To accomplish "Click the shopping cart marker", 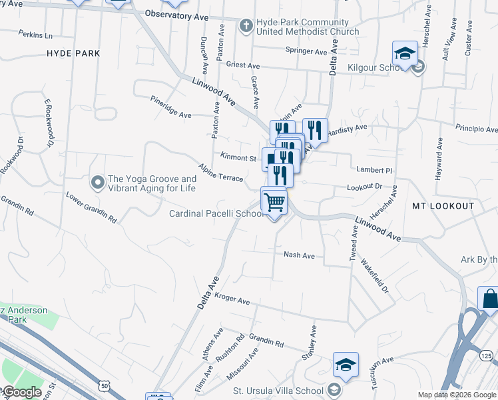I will pyautogui.click(x=274, y=201).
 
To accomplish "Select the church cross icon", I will pyautogui.click(x=246, y=26).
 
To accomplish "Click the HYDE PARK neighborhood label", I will pyautogui.click(x=73, y=53).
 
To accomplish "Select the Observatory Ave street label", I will pyautogui.click(x=176, y=13).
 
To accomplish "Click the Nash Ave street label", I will pyautogui.click(x=299, y=255).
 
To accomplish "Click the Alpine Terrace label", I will pyautogui.click(x=220, y=171).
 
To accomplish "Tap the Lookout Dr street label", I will pyautogui.click(x=364, y=187).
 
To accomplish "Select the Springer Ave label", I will pyautogui.click(x=307, y=50).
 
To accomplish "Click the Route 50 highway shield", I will pyautogui.click(x=104, y=386).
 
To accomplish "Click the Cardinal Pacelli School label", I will pyautogui.click(x=215, y=214).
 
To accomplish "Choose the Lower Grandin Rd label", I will pyautogui.click(x=91, y=207).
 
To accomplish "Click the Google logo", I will pyautogui.click(x=22, y=393).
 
